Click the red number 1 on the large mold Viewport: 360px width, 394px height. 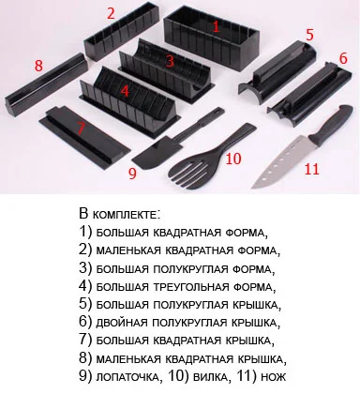(x=216, y=25)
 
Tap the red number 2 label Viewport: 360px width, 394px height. (x=111, y=13)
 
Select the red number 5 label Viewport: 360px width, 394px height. (x=309, y=35)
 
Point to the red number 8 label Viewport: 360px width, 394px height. (x=38, y=66)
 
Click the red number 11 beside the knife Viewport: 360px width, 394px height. (x=311, y=169)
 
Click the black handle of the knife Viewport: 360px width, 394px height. (x=331, y=126)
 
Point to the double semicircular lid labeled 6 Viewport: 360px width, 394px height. (x=309, y=95)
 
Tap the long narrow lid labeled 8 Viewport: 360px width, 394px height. (x=46, y=83)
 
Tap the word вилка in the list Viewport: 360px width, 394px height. (x=210, y=377)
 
